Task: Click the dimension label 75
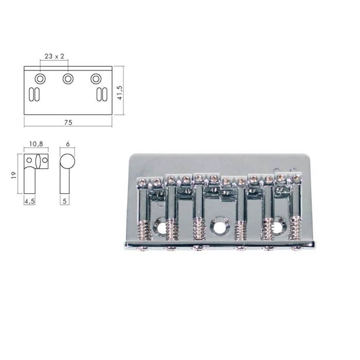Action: [68, 122]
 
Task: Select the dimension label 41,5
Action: [120, 93]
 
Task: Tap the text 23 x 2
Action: [54, 56]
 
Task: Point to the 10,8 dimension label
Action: [36, 144]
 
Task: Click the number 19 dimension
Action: [14, 175]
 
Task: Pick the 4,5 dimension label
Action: [29, 202]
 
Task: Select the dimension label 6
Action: [67, 144]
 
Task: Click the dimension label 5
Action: [64, 201]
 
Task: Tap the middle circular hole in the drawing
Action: [68, 79]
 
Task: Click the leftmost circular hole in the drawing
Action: [40, 79]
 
